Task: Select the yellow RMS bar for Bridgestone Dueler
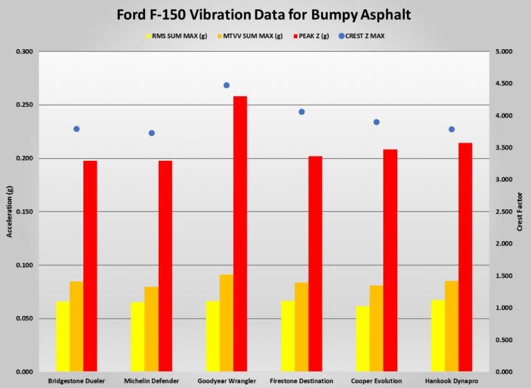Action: pos(62,337)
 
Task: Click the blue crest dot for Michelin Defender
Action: pos(152,133)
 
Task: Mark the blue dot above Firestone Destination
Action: pos(302,112)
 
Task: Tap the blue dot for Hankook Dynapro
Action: pos(451,129)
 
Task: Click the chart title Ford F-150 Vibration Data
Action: pos(265,15)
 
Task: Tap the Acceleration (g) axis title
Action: pos(10,212)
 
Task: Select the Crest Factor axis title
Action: pos(520,212)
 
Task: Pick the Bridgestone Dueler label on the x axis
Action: pos(76,381)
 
